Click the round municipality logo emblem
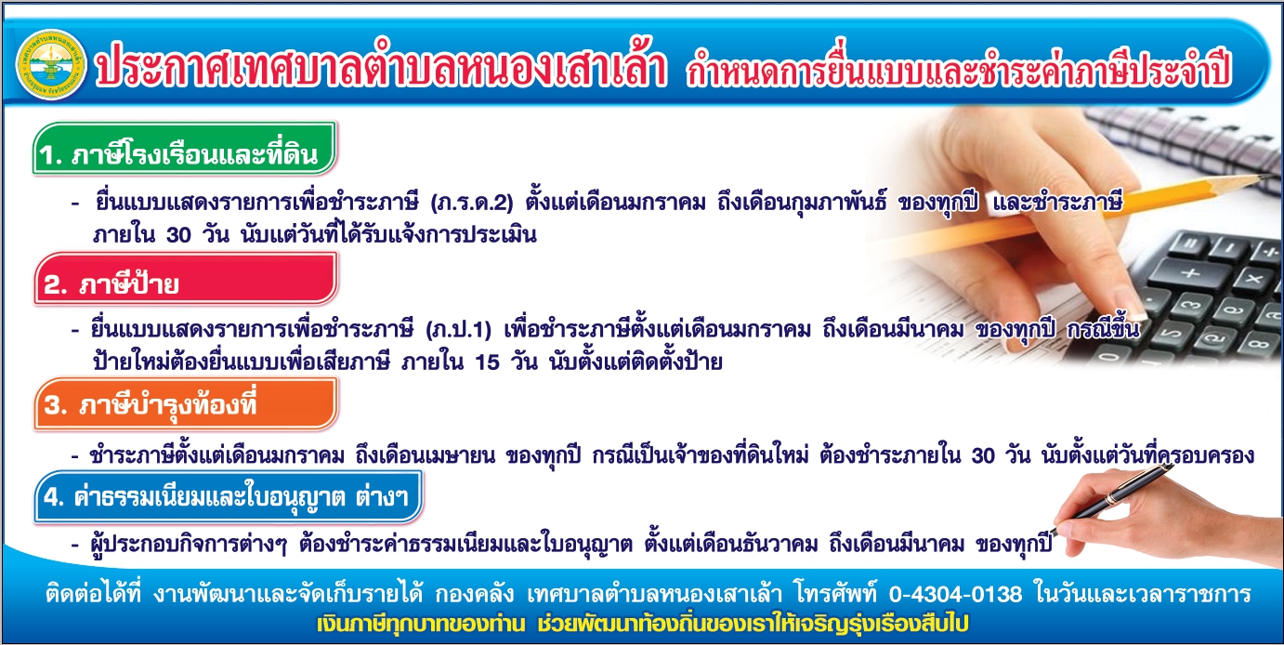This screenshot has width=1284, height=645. pos(52,65)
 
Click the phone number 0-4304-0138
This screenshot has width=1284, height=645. pos(955,594)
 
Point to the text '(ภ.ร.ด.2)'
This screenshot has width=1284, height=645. pos(471,203)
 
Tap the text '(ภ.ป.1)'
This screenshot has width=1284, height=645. pos(459,330)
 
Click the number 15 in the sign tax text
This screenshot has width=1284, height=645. pos(487,362)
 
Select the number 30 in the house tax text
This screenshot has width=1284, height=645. pos(178,235)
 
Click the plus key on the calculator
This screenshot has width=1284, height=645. pos(1189,273)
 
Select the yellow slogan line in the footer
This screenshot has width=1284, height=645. pos(643,624)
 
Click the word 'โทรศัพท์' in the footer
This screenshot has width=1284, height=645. pos(836,593)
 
